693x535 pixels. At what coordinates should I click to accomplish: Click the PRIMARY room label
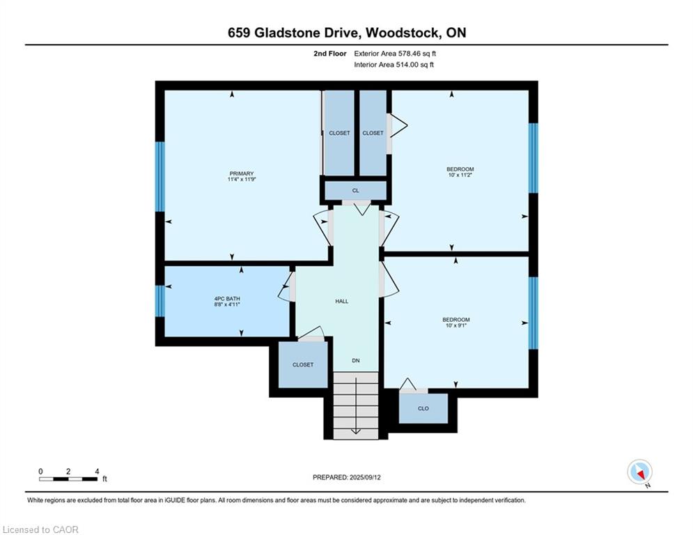pyautogui.click(x=242, y=173)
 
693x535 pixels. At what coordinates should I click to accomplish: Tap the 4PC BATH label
pyautogui.click(x=227, y=299)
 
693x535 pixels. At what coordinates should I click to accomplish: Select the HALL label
pyautogui.click(x=341, y=301)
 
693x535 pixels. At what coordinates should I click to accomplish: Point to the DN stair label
pyautogui.click(x=355, y=360)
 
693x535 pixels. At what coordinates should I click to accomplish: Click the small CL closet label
pyautogui.click(x=355, y=190)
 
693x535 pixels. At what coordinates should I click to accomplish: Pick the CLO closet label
pyautogui.click(x=423, y=408)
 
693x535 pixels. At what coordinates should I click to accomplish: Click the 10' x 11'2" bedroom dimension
pyautogui.click(x=460, y=176)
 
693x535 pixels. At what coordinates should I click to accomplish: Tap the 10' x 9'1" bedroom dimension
pyautogui.click(x=456, y=326)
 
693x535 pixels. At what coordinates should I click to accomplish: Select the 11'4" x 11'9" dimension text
pyautogui.click(x=242, y=180)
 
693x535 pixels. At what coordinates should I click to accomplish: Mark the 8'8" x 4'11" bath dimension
pyautogui.click(x=227, y=305)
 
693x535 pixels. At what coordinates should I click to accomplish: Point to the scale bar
pyautogui.click(x=68, y=479)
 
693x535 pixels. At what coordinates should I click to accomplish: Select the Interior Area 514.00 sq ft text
pyautogui.click(x=394, y=65)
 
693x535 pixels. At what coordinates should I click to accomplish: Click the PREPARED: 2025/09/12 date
pyautogui.click(x=346, y=477)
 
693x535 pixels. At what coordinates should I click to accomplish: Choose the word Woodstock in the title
pyautogui.click(x=402, y=33)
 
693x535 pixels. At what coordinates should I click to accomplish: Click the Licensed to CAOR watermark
pyautogui.click(x=41, y=529)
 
